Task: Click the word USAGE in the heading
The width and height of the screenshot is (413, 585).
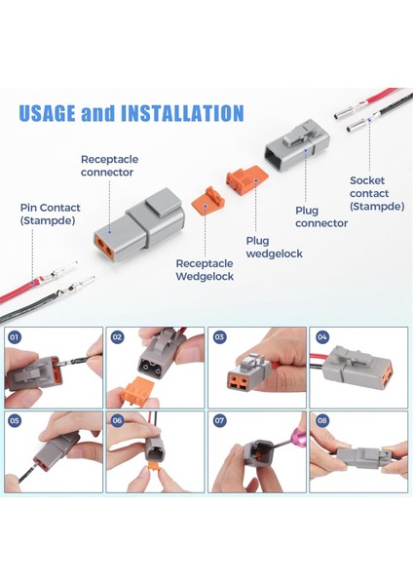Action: pos(47,113)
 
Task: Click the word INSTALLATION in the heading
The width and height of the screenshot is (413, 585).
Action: pos(182,113)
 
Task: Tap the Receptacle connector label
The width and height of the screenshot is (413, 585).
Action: pos(110,166)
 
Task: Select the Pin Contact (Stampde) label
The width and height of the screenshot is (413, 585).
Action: pos(50,214)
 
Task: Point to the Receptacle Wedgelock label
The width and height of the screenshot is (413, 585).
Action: pos(205,270)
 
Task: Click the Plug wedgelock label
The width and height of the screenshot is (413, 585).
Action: pos(274,248)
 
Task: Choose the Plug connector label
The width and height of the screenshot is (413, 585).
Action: pos(321,216)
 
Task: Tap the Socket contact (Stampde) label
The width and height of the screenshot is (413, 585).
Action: pos(377,193)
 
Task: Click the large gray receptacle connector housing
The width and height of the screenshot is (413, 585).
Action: pos(138,220)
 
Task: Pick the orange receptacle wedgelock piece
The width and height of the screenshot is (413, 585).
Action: pos(208,201)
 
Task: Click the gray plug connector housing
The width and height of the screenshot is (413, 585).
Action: pos(297,145)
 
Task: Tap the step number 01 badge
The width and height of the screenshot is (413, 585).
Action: pos(15,337)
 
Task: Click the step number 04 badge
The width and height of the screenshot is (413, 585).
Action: pos(321,337)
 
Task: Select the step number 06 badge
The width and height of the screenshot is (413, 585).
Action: pos(117,420)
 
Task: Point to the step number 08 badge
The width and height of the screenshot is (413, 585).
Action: pos(321,420)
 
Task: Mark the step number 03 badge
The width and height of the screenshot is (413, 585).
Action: pos(219,337)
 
